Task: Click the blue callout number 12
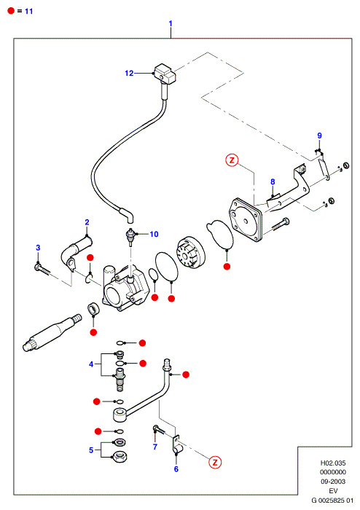(129, 73)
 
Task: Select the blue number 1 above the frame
(171, 23)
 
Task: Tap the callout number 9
(319, 136)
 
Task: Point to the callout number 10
(154, 234)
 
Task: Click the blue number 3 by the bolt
(38, 248)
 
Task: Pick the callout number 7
(155, 447)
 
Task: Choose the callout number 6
(176, 468)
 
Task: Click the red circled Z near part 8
(232, 160)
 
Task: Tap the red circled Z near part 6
(215, 462)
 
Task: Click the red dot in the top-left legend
(11, 11)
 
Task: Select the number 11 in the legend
(29, 11)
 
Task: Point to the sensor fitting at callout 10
(130, 236)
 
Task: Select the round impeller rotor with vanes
(191, 252)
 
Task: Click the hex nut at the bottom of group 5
(119, 457)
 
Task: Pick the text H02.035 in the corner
(333, 463)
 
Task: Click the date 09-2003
(333, 482)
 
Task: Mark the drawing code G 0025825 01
(332, 501)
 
